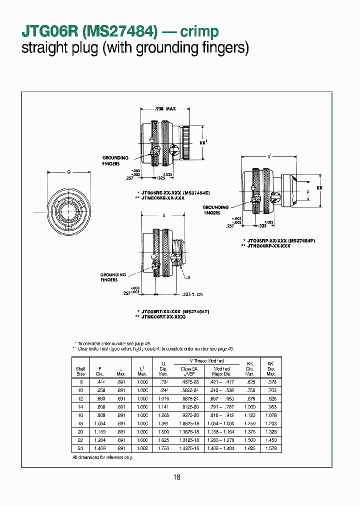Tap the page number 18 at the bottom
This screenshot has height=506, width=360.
click(177, 477)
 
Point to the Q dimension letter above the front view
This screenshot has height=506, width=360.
click(69, 171)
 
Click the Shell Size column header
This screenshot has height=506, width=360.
click(80, 371)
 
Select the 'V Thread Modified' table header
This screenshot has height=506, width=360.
click(206, 360)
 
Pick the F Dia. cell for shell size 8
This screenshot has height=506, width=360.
click(99, 381)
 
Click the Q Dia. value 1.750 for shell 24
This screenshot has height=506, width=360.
click(163, 449)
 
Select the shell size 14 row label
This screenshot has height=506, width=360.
click(80, 407)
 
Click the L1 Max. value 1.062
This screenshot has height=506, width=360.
click(142, 449)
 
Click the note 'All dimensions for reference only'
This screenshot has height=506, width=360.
click(102, 457)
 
